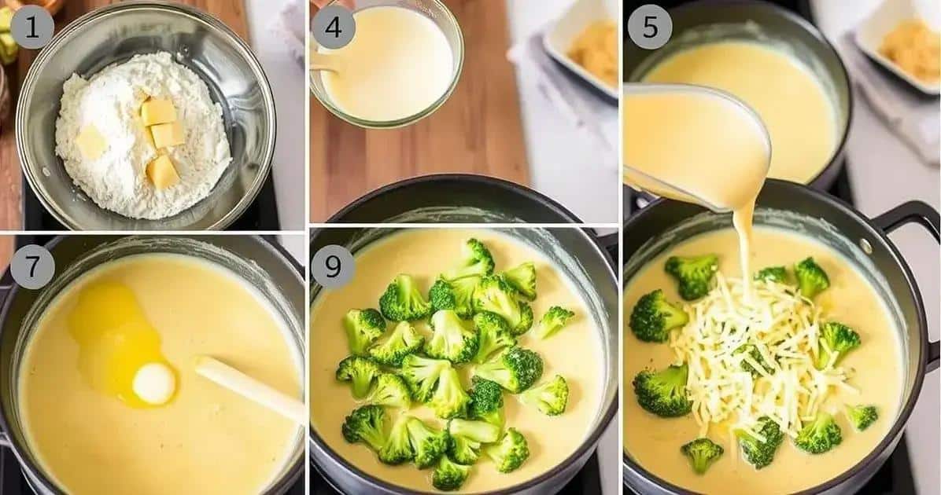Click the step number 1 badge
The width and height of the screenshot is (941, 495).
pyautogui.click(x=31, y=27)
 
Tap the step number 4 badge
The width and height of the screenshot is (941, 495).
pyautogui.click(x=334, y=27)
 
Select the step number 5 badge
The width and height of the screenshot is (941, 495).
pyautogui.click(x=650, y=27)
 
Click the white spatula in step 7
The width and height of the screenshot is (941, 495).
pyautogui.click(x=249, y=387)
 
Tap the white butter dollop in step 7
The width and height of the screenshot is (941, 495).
pyautogui.click(x=154, y=383)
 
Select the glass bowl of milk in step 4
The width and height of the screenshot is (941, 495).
pyautogui.click(x=386, y=63)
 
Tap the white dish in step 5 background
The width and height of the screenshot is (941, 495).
pyautogui.click(x=898, y=46)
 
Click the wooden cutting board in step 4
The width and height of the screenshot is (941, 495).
pyautogui.click(x=420, y=150)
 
